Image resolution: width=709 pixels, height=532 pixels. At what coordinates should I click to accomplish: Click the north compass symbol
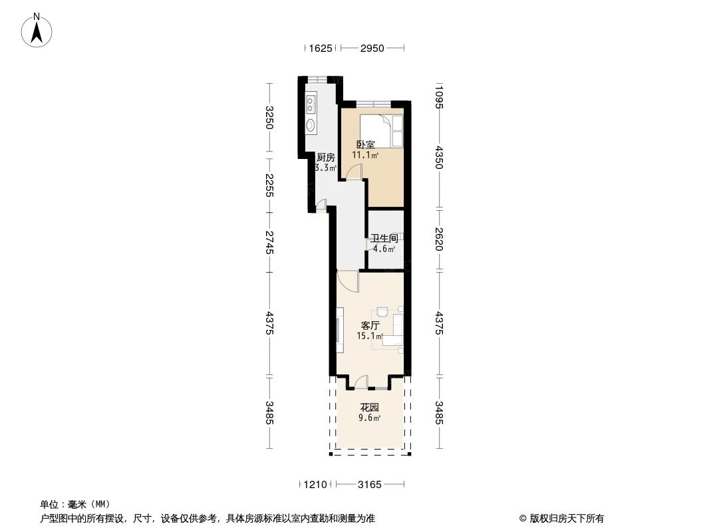(39, 30)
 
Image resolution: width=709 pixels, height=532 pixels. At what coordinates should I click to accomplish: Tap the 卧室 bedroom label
(365, 144)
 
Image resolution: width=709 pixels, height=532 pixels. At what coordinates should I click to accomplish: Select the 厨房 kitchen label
(325, 158)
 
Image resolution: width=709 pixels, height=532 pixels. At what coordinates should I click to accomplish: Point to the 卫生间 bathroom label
(384, 238)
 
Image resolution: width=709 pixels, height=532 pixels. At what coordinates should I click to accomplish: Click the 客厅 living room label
(370, 326)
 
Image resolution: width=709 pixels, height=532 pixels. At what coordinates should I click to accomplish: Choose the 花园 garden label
(369, 407)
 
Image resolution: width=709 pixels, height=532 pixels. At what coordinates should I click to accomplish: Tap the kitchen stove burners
(310, 104)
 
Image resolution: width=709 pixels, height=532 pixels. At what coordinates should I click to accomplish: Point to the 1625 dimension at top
(321, 48)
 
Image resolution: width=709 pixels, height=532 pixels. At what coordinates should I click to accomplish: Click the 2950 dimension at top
(372, 48)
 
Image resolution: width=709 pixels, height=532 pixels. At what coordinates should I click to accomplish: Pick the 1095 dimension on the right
(438, 97)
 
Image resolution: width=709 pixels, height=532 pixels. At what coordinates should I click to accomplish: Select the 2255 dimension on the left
(269, 186)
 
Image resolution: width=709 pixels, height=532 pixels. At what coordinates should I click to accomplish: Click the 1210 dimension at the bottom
(315, 485)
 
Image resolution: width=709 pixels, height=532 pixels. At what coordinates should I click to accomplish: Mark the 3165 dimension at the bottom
(369, 485)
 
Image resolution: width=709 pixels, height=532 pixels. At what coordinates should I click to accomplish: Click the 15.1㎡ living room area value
(370, 336)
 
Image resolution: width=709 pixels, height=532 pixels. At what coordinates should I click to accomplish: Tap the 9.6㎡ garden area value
(369, 418)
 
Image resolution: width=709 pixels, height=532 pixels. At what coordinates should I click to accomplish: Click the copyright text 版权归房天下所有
(566, 519)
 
